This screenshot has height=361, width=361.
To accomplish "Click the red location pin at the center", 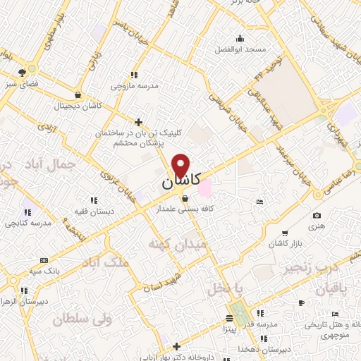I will click(181, 164).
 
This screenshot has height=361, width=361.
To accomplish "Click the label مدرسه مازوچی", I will click(133, 86).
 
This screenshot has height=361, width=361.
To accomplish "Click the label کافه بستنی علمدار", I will click(185, 209).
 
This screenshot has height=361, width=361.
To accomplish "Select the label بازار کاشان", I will click(284, 243).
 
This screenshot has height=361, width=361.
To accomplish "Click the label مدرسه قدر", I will click(259, 324).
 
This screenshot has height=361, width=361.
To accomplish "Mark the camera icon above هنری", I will click(317, 215).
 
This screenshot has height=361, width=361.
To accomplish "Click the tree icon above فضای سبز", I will click(24, 71).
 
